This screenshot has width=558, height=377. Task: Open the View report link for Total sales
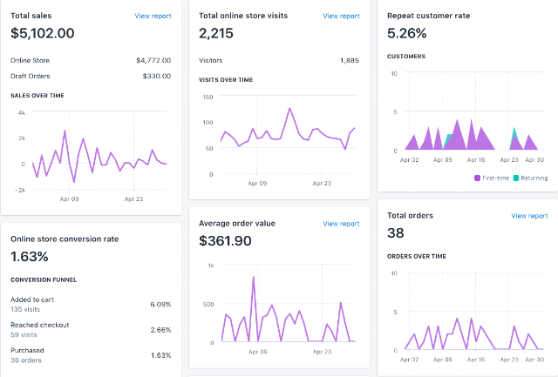pyautogui.click(x=153, y=16)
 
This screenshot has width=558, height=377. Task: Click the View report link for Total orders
pyautogui.click(x=529, y=216)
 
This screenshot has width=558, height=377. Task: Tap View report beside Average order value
pyautogui.click(x=341, y=224)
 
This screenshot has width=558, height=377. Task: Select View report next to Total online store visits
pyautogui.click(x=341, y=16)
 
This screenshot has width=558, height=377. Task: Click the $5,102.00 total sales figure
pyautogui.click(x=43, y=33)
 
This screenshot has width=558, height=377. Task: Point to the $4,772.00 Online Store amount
pyautogui.click(x=153, y=60)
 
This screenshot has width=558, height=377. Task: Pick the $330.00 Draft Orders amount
pyautogui.click(x=157, y=76)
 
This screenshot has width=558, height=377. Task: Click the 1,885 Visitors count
pyautogui.click(x=350, y=60)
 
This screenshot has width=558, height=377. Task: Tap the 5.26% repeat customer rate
pyautogui.click(x=407, y=33)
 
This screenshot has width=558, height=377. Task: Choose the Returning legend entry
pyautogui.click(x=530, y=178)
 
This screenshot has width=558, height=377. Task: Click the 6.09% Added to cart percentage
pyautogui.click(x=160, y=305)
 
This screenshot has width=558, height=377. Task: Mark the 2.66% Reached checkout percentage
pyautogui.click(x=160, y=330)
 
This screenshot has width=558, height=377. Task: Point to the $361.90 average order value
pyautogui.click(x=225, y=240)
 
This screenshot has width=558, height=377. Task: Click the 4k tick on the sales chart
pyautogui.click(x=22, y=112)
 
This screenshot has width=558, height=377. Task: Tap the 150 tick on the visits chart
pyautogui.click(x=208, y=97)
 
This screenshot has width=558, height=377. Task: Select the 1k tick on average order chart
pyautogui.click(x=211, y=266)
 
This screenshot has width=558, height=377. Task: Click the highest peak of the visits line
pyautogui.click(x=289, y=108)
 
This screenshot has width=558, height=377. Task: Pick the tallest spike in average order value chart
pyautogui.click(x=254, y=277)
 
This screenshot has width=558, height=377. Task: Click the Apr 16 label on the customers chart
pyautogui.click(x=476, y=160)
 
